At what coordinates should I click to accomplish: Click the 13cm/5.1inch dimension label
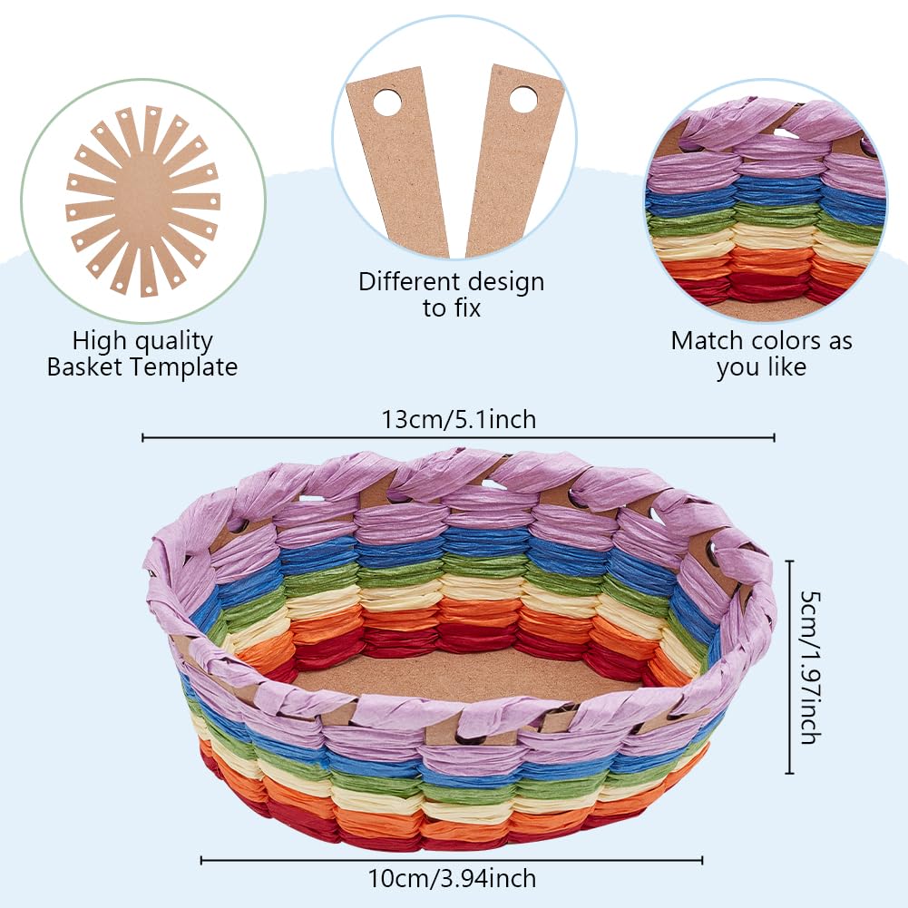(458, 420)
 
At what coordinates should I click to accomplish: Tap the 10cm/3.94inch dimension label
(451, 878)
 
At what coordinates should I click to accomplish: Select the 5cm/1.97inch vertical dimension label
(806, 667)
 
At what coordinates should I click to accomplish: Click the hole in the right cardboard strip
(523, 98)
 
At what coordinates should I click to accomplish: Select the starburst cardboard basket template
(143, 200)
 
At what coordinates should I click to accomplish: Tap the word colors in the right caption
(787, 341)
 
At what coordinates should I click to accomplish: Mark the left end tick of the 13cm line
(143, 438)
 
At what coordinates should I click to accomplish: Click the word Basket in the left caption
(90, 367)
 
